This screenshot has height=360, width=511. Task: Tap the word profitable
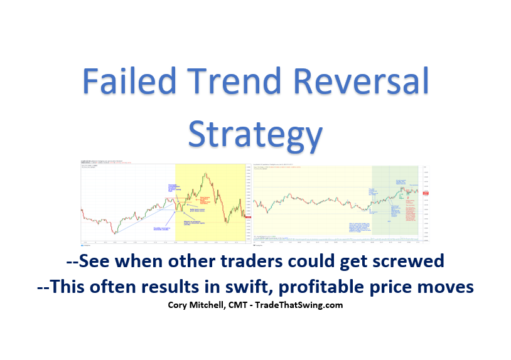(336, 287)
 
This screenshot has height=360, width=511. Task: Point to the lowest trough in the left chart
(114, 233)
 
